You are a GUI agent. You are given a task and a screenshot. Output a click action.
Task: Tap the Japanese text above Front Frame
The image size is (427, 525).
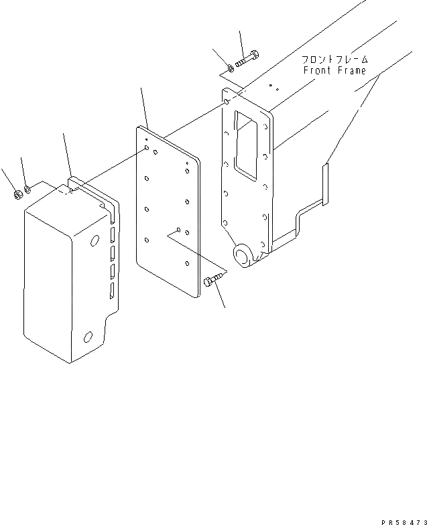coord(334,60)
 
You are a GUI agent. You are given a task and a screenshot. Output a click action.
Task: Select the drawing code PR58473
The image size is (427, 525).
coord(404,522)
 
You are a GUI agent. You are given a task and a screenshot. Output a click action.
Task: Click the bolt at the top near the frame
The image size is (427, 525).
coord(247,58)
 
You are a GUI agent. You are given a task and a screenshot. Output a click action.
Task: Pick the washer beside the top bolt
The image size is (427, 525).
coord(231,68)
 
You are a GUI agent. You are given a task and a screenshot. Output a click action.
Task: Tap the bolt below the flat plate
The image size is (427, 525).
coord(215,279)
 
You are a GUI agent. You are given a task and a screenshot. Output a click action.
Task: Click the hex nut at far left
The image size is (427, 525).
coord(17,194)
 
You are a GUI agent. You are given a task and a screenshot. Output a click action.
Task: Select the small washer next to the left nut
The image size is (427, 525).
coord(28,190)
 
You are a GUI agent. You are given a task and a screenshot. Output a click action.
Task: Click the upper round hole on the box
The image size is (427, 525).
coord(95,240)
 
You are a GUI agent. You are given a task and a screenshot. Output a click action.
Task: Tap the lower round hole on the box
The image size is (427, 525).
coord(88,337)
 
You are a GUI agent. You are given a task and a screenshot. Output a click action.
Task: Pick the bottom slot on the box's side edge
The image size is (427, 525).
coord(112,291)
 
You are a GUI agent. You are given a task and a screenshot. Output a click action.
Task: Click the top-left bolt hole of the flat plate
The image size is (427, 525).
coord(147,148)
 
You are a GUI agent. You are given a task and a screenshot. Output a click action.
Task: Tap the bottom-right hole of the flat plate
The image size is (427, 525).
coord(188,264)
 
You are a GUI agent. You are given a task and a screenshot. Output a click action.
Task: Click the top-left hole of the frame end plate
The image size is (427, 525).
coord(227,102)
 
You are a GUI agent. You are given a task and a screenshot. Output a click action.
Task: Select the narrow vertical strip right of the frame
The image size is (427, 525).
coord(324,185)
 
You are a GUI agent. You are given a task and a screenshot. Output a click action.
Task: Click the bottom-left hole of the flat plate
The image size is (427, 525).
coord(146,240)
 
